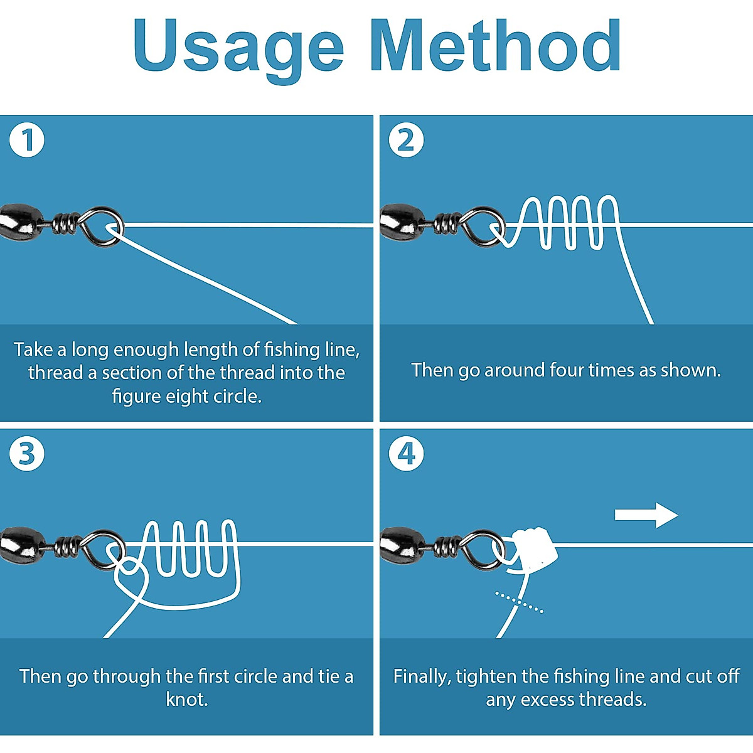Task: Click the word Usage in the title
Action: (x=238, y=45)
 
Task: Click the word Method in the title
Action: (x=495, y=45)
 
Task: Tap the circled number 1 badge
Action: (x=27, y=140)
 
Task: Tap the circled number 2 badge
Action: (x=406, y=140)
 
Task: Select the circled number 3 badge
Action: (x=27, y=454)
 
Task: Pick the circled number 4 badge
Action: (x=406, y=454)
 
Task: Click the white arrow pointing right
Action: (x=646, y=515)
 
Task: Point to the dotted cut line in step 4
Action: (x=519, y=601)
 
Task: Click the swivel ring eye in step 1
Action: (x=104, y=226)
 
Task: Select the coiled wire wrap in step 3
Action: (x=67, y=547)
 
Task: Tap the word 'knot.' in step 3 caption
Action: (x=186, y=699)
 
